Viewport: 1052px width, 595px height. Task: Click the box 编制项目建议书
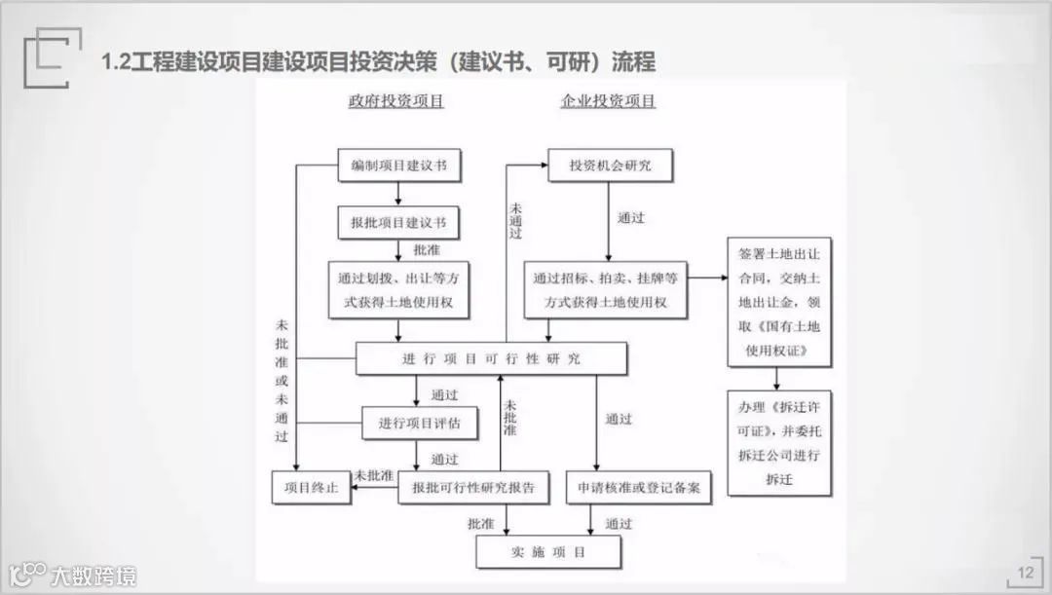[398, 167]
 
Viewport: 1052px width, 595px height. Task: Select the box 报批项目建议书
[398, 223]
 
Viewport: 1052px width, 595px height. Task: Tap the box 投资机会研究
[610, 167]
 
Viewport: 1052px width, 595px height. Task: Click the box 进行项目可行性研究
[491, 358]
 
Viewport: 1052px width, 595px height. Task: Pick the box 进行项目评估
[420, 423]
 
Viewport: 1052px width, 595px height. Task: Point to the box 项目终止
[311, 488]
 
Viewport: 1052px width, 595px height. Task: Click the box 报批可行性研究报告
[473, 488]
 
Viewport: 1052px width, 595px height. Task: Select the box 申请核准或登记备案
[639, 488]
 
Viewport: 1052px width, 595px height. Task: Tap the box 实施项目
[547, 553]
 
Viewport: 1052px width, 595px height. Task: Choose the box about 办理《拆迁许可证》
[779, 441]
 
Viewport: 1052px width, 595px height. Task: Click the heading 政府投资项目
[396, 101]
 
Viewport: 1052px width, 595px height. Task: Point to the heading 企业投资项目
[608, 101]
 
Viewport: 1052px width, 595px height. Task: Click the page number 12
[1025, 573]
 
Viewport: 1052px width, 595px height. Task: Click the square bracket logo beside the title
[46, 57]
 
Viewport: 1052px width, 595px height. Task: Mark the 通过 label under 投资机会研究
[631, 218]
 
